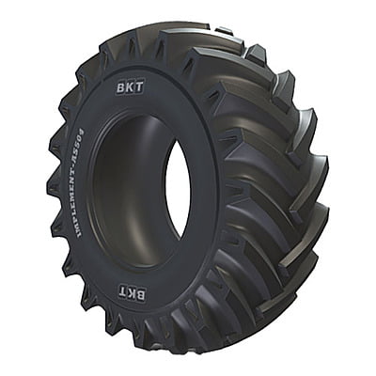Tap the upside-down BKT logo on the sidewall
click(x=133, y=294)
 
